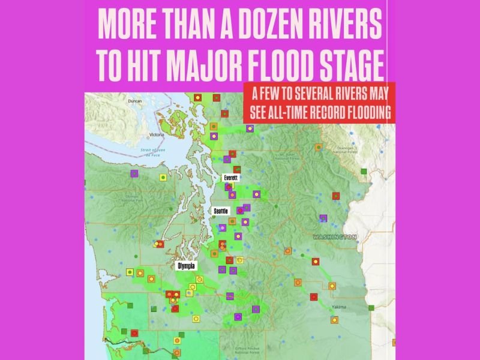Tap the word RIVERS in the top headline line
click(x=347, y=23)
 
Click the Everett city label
click(x=230, y=178)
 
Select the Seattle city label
click(x=222, y=211)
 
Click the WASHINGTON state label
click(x=334, y=237)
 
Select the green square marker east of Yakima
click(x=371, y=308)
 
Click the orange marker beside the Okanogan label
click(x=319, y=146)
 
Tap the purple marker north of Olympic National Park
click(x=134, y=173)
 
